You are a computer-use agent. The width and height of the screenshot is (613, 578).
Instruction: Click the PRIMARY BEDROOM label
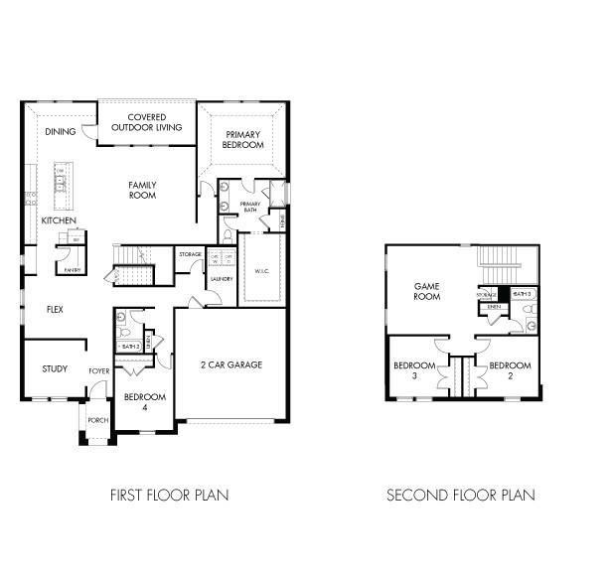[x=243, y=140]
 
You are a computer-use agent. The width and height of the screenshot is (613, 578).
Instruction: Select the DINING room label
[x=60, y=130]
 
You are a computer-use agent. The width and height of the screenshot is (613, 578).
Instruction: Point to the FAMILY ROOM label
[x=143, y=190]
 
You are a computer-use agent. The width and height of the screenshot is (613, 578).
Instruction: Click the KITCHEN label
[x=59, y=219]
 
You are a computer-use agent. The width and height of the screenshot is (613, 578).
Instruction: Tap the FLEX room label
[x=56, y=309]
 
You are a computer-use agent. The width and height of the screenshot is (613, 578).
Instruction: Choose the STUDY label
[x=55, y=369]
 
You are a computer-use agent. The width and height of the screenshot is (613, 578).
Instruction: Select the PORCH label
[x=97, y=420]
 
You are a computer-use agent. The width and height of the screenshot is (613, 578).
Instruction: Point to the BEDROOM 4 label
[x=144, y=401]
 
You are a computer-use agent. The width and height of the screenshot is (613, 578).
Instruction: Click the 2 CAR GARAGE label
[x=230, y=364]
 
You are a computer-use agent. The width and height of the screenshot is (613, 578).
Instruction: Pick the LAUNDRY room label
[x=221, y=279]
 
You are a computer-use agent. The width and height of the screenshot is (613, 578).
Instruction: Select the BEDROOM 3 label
[x=411, y=370]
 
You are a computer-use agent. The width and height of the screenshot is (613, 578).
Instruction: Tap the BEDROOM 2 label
[x=510, y=370]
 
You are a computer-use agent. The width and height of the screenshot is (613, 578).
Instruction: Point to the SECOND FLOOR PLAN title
[x=460, y=494]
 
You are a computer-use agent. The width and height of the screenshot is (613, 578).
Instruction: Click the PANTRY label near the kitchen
[x=72, y=269]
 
